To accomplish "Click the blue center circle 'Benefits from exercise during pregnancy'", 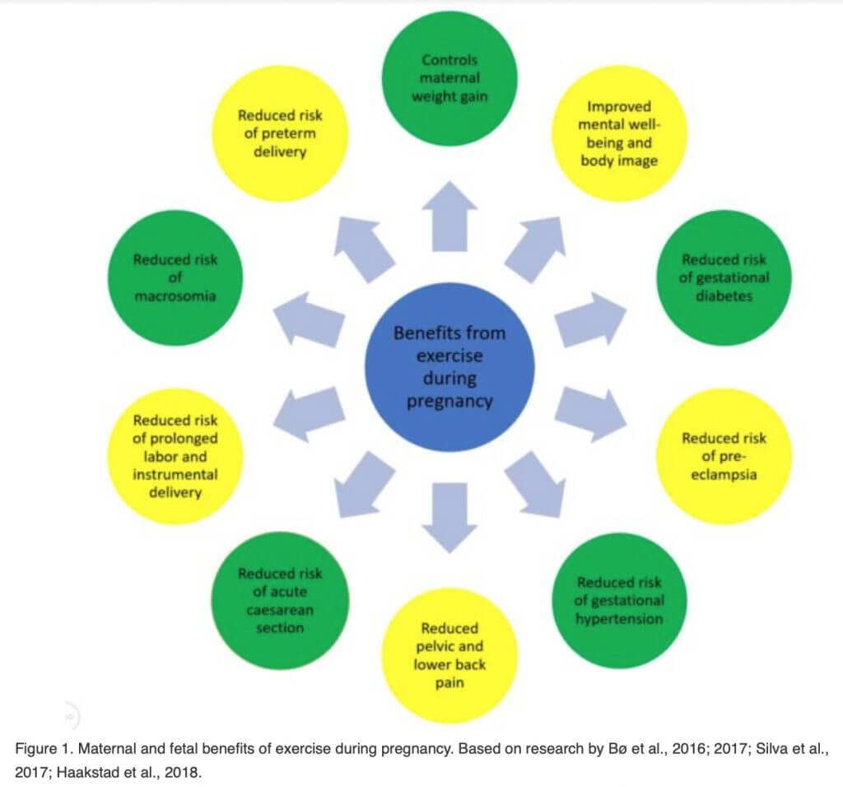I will [x=449, y=367].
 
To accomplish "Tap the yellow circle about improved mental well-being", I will [x=618, y=133].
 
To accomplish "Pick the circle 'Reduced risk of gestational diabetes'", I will [x=723, y=277].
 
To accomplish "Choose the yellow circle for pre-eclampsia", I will [x=724, y=456].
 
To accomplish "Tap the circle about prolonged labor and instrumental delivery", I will [x=175, y=456].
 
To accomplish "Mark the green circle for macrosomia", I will [x=175, y=277].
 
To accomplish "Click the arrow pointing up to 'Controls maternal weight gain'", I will [x=449, y=217].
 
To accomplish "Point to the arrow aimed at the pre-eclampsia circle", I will [x=590, y=413].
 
